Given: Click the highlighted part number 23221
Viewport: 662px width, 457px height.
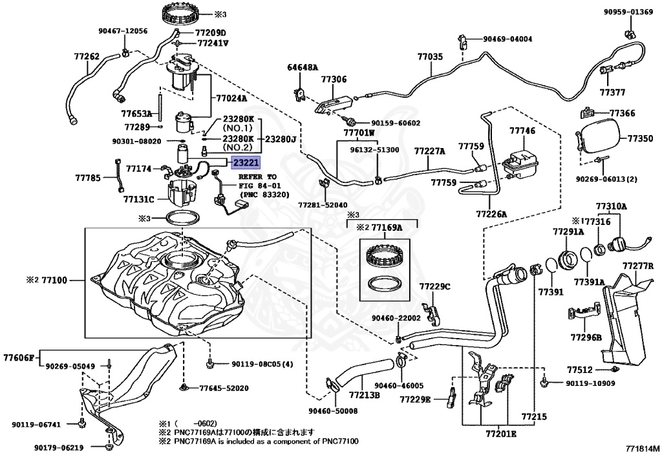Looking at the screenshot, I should (246, 164).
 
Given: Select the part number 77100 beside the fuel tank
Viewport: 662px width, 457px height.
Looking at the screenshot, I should (55, 281).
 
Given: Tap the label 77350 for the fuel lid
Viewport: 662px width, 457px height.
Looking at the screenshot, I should (640, 138).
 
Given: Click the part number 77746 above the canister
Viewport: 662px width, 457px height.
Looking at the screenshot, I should (522, 131).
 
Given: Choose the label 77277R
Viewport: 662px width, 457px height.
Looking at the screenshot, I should (638, 266).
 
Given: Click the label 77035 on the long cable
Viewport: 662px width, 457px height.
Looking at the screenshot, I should (430, 57).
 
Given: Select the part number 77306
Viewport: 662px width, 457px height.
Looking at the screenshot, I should (334, 80).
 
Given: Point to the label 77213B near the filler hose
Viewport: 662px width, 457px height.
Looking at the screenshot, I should (364, 395).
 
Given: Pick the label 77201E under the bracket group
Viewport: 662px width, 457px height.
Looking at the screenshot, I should (501, 434).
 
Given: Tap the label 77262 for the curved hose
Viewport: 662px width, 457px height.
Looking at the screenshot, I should (86, 57).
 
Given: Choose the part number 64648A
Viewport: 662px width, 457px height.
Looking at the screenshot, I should (303, 67).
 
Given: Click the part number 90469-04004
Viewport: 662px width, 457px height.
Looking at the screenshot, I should (507, 39).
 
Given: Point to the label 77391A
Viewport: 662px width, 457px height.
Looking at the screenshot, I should (589, 282).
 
